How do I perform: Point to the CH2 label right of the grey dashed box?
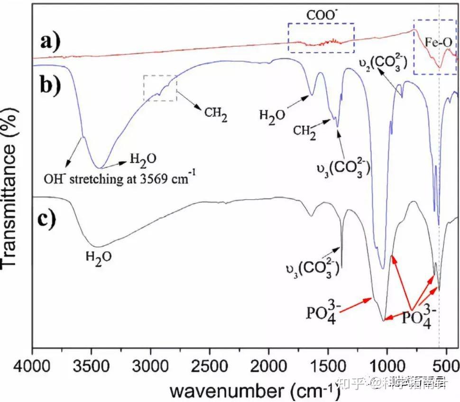coord(215,113)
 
